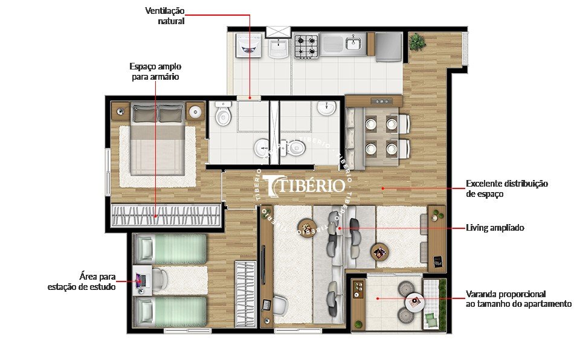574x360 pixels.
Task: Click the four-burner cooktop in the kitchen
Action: coord(306,46)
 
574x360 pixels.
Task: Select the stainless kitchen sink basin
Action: coord(353,42)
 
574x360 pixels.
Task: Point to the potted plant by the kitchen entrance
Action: coord(416,42)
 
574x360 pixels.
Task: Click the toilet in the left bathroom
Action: coord(223,114)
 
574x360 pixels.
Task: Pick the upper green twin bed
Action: coord(170,249)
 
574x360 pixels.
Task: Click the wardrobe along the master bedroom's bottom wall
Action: coord(165,213)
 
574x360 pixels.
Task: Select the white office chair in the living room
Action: coord(280,306)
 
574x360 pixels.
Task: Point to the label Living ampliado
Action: coord(494,228)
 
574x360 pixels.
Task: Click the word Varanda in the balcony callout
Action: coord(482,294)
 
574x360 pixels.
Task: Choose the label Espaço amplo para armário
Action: coord(155,71)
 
